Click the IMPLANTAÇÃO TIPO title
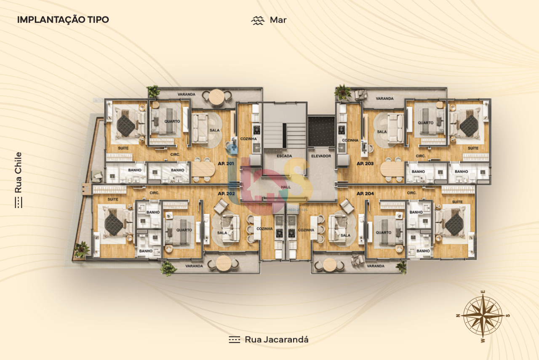[x=63, y=20]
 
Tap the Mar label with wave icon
[x=269, y=20]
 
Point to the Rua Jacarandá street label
[x=269, y=339]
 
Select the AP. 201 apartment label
[x=226, y=163]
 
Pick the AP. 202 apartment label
[x=226, y=193]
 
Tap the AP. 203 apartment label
[x=365, y=163]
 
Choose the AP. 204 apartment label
[x=365, y=193]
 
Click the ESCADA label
[x=284, y=156]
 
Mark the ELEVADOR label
[x=321, y=156]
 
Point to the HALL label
[x=286, y=187]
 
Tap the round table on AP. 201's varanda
[x=217, y=97]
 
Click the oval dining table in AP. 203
[x=392, y=169]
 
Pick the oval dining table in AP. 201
[x=203, y=169]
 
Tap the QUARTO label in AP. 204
[x=383, y=232]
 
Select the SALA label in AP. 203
[x=382, y=132]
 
